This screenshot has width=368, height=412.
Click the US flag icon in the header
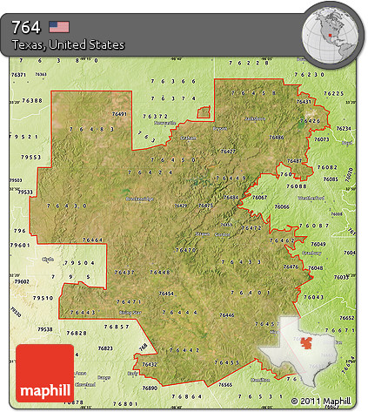click(58, 26)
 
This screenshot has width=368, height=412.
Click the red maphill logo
click(45, 372)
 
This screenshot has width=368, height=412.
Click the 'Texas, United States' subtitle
click(69, 44)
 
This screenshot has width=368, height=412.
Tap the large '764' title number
click(28, 26)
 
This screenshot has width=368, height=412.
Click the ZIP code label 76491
click(120, 114)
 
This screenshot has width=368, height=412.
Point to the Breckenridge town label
click(139, 198)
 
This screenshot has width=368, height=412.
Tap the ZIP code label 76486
click(277, 138)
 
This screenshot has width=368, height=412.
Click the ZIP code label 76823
click(106, 348)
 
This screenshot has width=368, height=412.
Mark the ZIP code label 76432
click(150, 364)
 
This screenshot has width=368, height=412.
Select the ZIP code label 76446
click(227, 314)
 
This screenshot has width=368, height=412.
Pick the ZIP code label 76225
click(333, 93)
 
